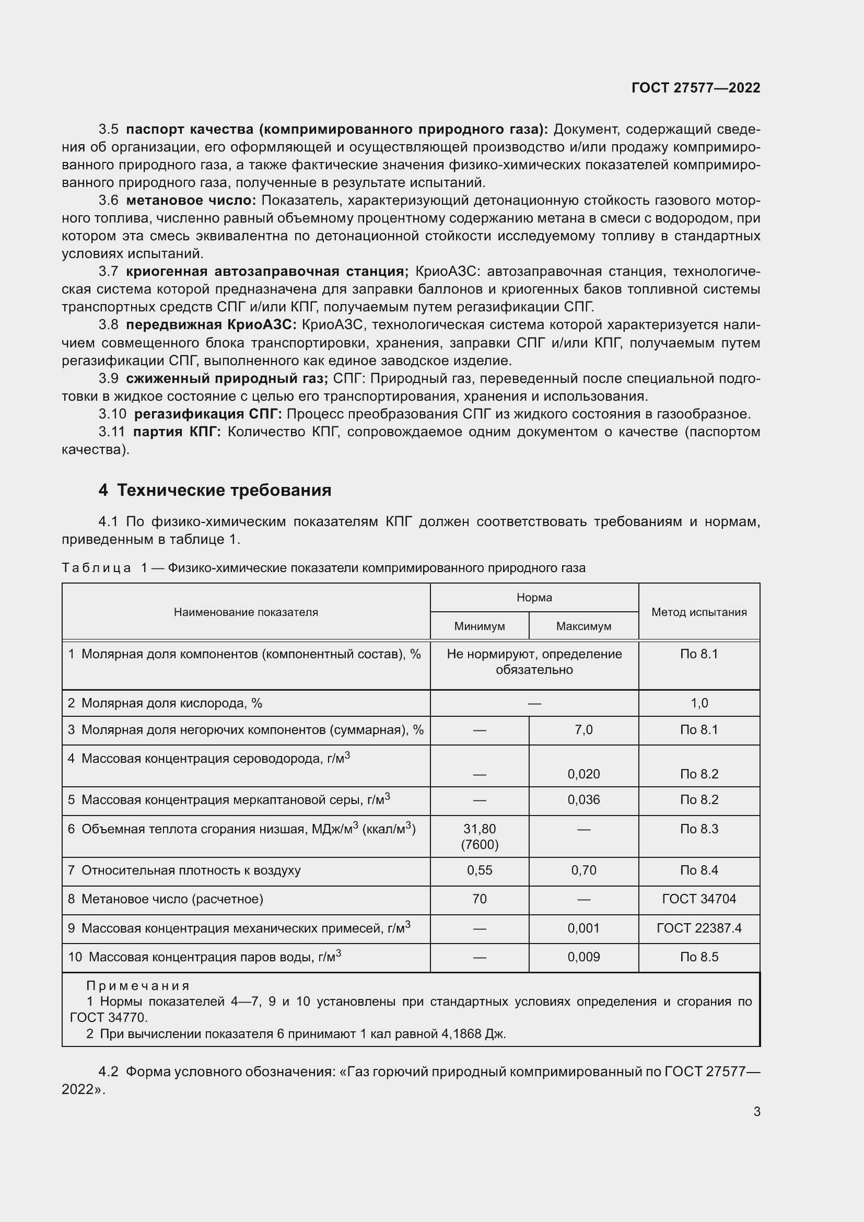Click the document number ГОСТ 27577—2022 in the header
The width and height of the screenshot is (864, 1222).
[x=695, y=88]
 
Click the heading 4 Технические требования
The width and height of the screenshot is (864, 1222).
[x=214, y=490]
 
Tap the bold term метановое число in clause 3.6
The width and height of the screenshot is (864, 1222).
[x=191, y=201]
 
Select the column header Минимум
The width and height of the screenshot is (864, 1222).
[x=479, y=626]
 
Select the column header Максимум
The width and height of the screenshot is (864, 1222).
[x=583, y=626]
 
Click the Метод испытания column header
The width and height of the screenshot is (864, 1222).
[x=698, y=612]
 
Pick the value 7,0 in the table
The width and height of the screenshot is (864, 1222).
[x=583, y=730]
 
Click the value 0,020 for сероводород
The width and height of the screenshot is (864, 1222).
[x=583, y=774]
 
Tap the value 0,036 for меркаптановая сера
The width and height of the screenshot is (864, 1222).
[x=583, y=799]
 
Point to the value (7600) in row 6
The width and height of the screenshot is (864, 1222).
[x=479, y=845]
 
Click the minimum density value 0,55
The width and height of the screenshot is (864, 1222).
[x=479, y=870]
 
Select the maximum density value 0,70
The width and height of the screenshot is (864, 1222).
[x=583, y=870]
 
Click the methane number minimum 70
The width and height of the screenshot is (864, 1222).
[x=479, y=899]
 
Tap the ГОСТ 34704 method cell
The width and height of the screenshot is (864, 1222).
[x=698, y=899]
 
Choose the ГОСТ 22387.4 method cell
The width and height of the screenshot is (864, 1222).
[x=698, y=928]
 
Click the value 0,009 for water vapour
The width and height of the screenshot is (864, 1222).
[x=583, y=957]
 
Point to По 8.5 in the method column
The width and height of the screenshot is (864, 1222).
[x=698, y=957]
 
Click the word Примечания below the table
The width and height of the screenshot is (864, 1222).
[x=138, y=986]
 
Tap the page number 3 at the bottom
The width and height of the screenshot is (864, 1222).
[x=756, y=1111]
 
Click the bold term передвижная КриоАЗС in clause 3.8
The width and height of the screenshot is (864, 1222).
[x=211, y=325]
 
